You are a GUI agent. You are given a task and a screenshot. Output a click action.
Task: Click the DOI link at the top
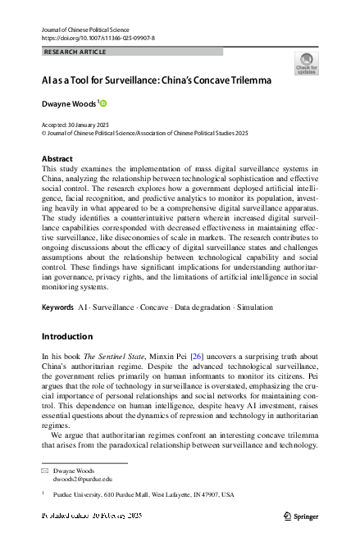[x=97, y=38]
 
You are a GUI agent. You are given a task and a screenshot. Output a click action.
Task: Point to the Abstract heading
[x=57, y=158]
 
